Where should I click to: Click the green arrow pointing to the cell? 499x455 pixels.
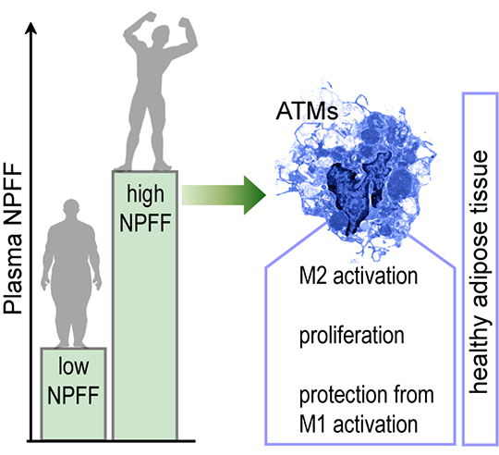(x=224, y=195)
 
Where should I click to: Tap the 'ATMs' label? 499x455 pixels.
(x=307, y=112)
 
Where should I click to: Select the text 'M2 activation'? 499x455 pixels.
(x=359, y=276)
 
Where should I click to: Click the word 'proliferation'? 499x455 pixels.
(x=352, y=336)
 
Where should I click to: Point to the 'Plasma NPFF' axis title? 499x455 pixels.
(x=13, y=239)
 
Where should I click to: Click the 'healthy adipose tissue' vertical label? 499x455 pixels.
(x=479, y=272)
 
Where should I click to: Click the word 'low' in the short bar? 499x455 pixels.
(x=74, y=366)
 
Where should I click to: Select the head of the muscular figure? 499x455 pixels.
(x=161, y=33)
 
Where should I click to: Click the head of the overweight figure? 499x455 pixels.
(x=71, y=207)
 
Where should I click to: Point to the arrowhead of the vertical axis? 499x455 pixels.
(x=30, y=28)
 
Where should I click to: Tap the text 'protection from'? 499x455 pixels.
(x=367, y=396)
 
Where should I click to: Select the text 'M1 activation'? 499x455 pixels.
(x=359, y=424)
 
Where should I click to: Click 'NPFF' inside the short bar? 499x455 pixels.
(x=73, y=396)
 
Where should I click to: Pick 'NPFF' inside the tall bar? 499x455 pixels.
(x=145, y=223)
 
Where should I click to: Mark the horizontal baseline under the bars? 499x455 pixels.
(x=111, y=441)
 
